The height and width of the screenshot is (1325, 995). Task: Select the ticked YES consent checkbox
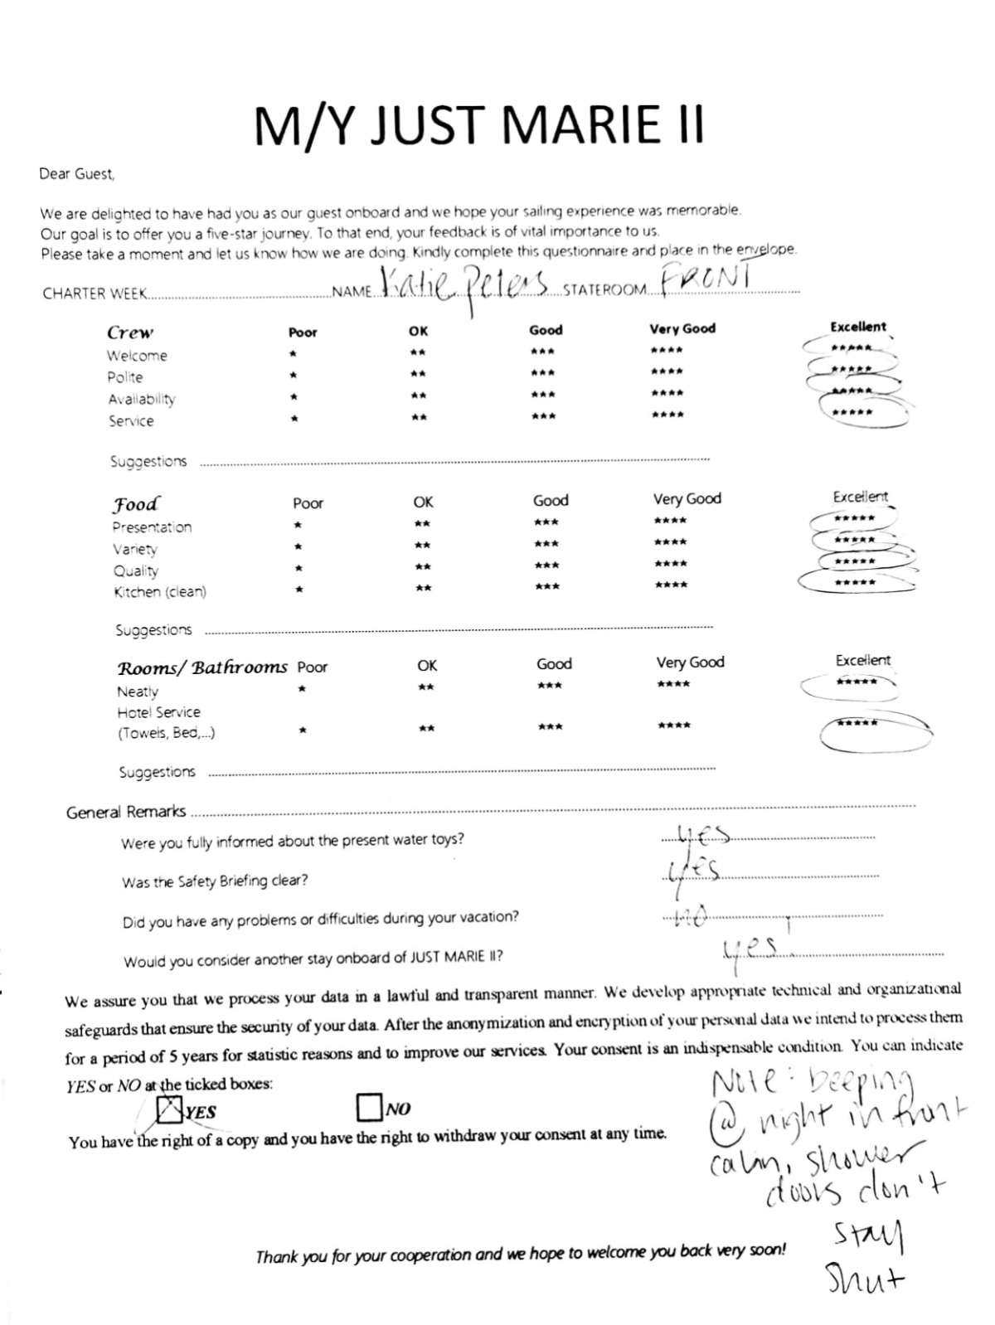click(x=170, y=1109)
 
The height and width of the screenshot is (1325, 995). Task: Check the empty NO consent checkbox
click(x=368, y=1107)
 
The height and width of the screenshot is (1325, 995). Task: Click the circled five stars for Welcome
click(x=852, y=349)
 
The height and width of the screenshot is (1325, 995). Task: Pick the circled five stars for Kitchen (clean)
click(x=855, y=583)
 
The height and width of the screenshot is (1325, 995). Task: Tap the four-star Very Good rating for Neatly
click(x=672, y=684)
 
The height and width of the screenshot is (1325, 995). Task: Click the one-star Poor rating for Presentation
click(x=298, y=525)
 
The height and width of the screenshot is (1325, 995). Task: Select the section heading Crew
click(x=130, y=332)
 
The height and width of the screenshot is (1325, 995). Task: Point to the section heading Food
click(x=136, y=504)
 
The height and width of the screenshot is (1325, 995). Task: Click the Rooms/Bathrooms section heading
click(x=201, y=668)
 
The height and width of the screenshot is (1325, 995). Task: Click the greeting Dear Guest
click(x=77, y=174)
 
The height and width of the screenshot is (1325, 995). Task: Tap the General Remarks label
click(x=126, y=812)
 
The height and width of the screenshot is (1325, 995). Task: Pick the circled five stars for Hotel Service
click(x=857, y=724)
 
